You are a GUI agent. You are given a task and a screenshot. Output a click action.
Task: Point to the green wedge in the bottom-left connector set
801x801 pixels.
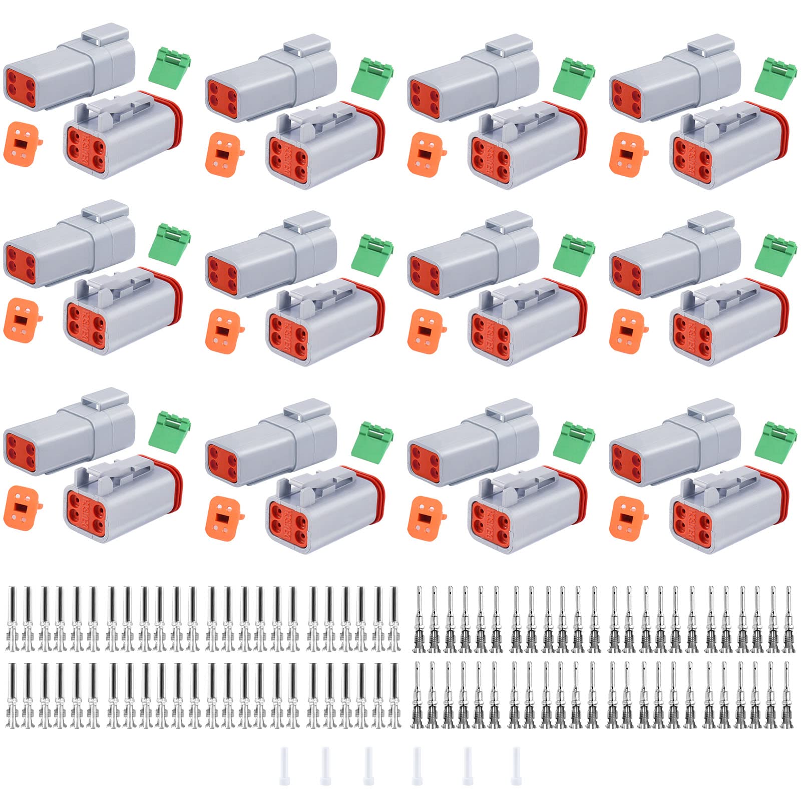[x=170, y=431]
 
